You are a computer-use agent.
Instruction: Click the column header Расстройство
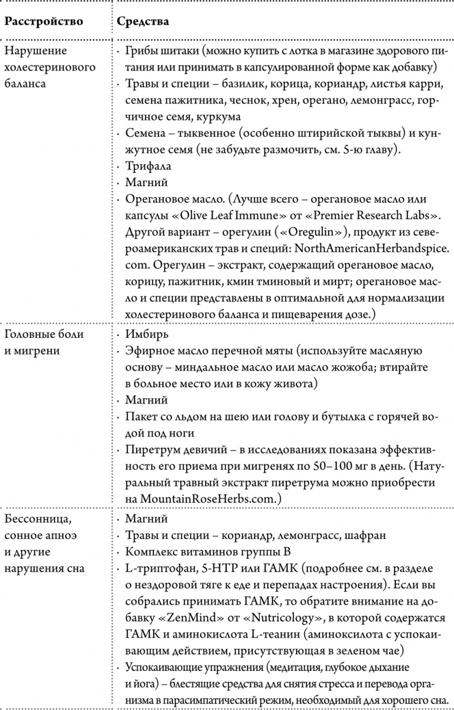pyautogui.click(x=44, y=22)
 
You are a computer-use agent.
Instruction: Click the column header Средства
pyautogui.click(x=143, y=22)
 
